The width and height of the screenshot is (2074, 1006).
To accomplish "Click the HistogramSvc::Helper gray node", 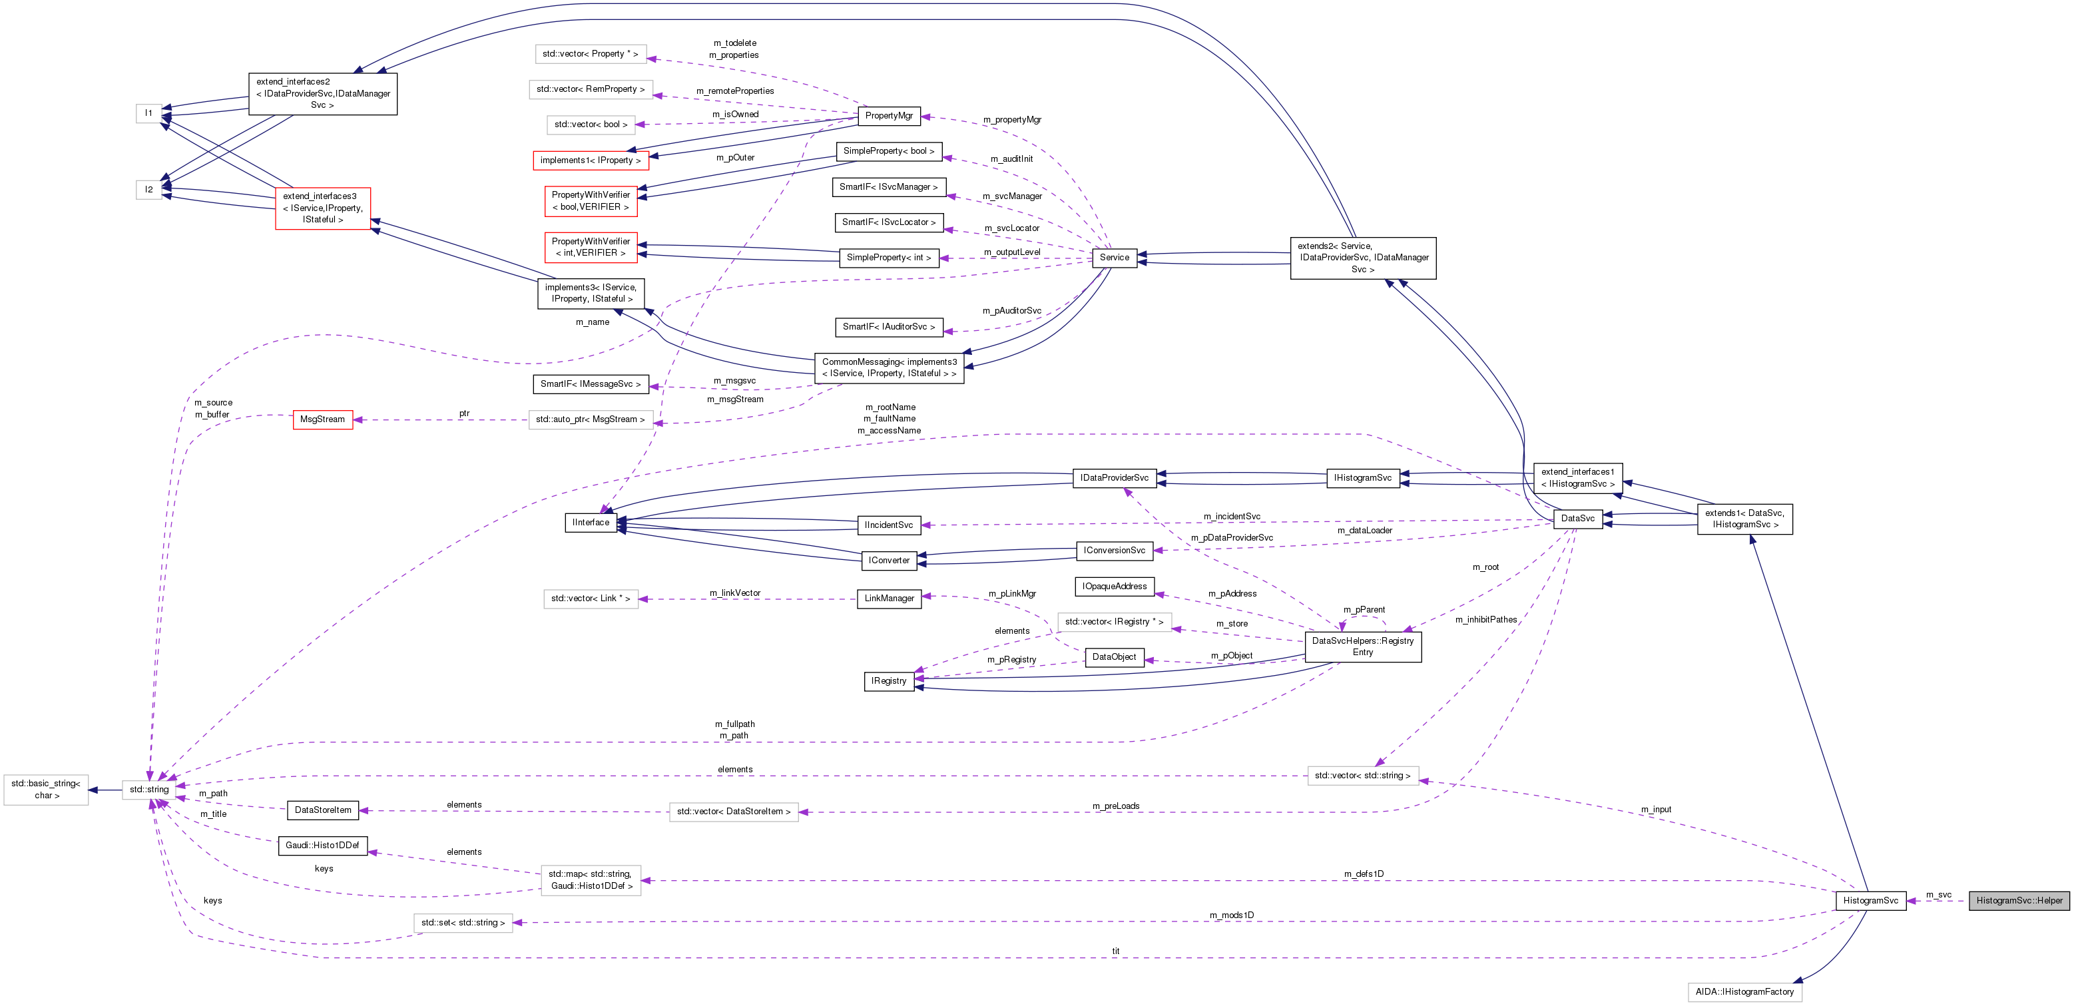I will pos(2019,901).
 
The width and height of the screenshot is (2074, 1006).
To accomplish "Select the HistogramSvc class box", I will pos(1870,901).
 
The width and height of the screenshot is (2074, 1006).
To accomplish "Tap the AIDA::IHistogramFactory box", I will pos(1744,991).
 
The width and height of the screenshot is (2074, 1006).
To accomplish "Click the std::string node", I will pos(149,790).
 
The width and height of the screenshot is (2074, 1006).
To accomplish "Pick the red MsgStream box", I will pos(322,419).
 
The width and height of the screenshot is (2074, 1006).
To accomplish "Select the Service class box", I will pos(1115,258).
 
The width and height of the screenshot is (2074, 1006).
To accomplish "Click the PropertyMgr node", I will pos(888,116).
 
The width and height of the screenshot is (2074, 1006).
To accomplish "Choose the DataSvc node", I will pos(1577,518).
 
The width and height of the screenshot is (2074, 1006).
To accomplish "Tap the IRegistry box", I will pos(888,681).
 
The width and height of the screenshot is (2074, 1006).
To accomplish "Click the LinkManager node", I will pos(889,599).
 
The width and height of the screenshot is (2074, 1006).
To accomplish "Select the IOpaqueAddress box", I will pos(1115,587).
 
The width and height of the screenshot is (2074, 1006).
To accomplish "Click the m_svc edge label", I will pos(1938,895).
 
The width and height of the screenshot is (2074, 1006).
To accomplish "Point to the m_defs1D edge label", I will pos(1363,874).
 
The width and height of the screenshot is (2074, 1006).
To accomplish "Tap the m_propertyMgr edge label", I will pos(1011,120).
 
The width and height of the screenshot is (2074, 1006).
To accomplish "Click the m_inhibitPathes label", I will pos(1485,620).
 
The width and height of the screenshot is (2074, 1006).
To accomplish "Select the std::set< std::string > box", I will pos(463,923).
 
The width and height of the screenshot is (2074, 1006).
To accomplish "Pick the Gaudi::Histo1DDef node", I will pos(322,845).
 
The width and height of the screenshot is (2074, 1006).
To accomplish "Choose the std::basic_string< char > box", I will pos(46,790).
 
